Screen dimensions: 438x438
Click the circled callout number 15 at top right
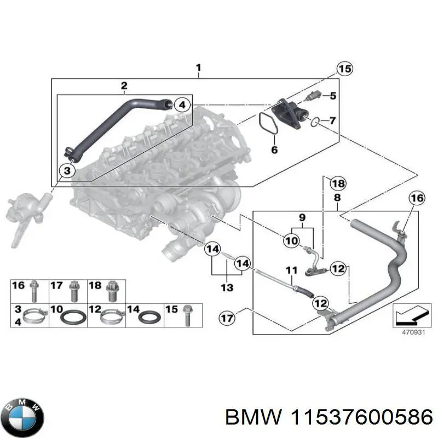[344, 69]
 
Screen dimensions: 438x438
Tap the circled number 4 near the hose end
[183, 104]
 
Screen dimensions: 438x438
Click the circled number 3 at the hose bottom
[67, 171]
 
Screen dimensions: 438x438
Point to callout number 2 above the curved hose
[124, 85]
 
